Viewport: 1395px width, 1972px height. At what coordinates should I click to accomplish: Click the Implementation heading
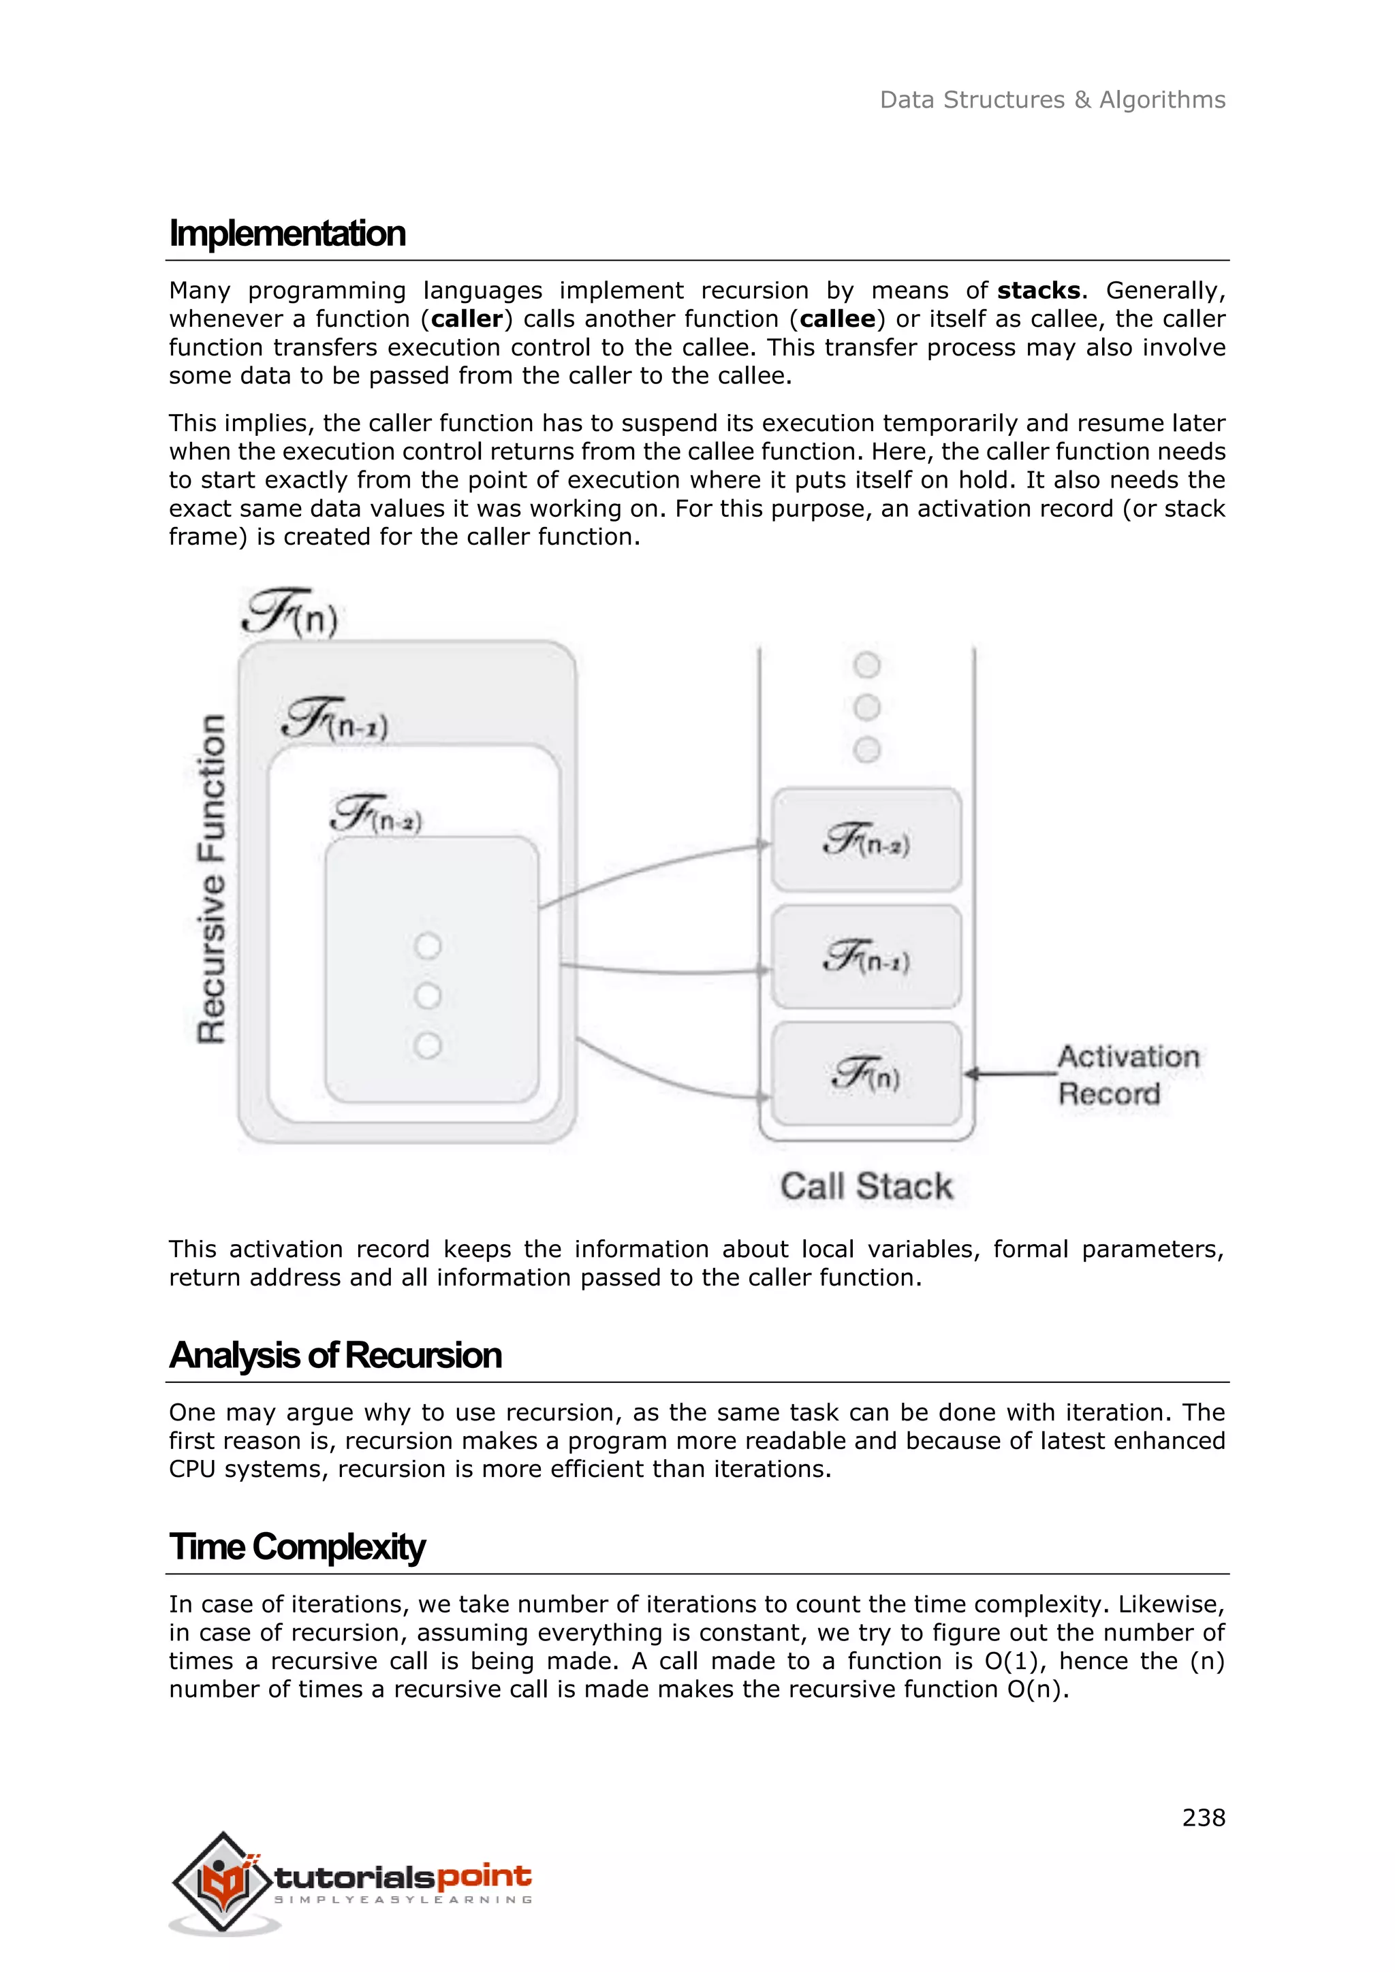point(287,234)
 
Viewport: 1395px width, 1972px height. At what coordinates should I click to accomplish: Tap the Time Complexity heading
point(296,1548)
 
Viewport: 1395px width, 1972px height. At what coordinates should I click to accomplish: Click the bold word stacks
point(1039,290)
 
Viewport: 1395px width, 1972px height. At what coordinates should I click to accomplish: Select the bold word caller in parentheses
point(467,319)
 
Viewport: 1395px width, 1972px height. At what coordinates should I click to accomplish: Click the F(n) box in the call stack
point(866,1074)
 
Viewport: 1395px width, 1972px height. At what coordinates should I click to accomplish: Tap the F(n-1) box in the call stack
point(866,957)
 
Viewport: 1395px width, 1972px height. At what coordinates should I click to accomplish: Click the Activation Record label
point(1127,1075)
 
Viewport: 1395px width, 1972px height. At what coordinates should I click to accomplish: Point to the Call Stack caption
point(866,1186)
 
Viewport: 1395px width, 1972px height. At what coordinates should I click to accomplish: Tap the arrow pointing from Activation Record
point(1009,1074)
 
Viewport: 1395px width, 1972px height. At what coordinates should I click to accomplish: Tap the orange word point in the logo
point(484,1876)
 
